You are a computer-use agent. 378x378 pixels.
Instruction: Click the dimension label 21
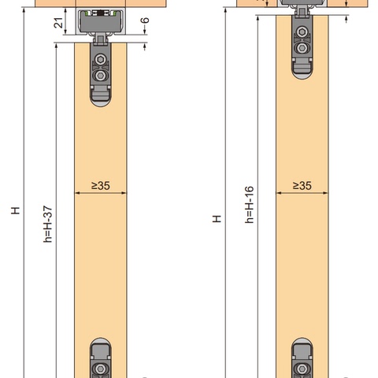58,23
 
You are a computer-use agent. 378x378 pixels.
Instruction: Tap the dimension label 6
145,20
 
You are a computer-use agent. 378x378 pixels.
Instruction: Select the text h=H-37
48,224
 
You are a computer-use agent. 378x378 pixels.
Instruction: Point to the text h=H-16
250,205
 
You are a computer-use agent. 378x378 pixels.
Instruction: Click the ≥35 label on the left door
101,186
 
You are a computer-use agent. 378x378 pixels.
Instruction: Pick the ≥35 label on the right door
302,186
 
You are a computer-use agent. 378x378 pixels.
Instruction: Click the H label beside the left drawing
16,210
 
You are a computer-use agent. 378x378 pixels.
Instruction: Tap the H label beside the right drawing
217,219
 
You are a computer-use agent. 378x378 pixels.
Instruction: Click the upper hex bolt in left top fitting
100,59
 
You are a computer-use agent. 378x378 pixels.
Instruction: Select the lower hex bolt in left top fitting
100,76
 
